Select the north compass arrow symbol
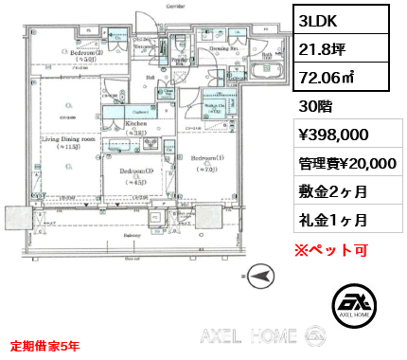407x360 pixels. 260,277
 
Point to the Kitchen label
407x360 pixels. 133,124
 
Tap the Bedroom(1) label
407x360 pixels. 206,156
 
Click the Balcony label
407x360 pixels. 133,235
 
